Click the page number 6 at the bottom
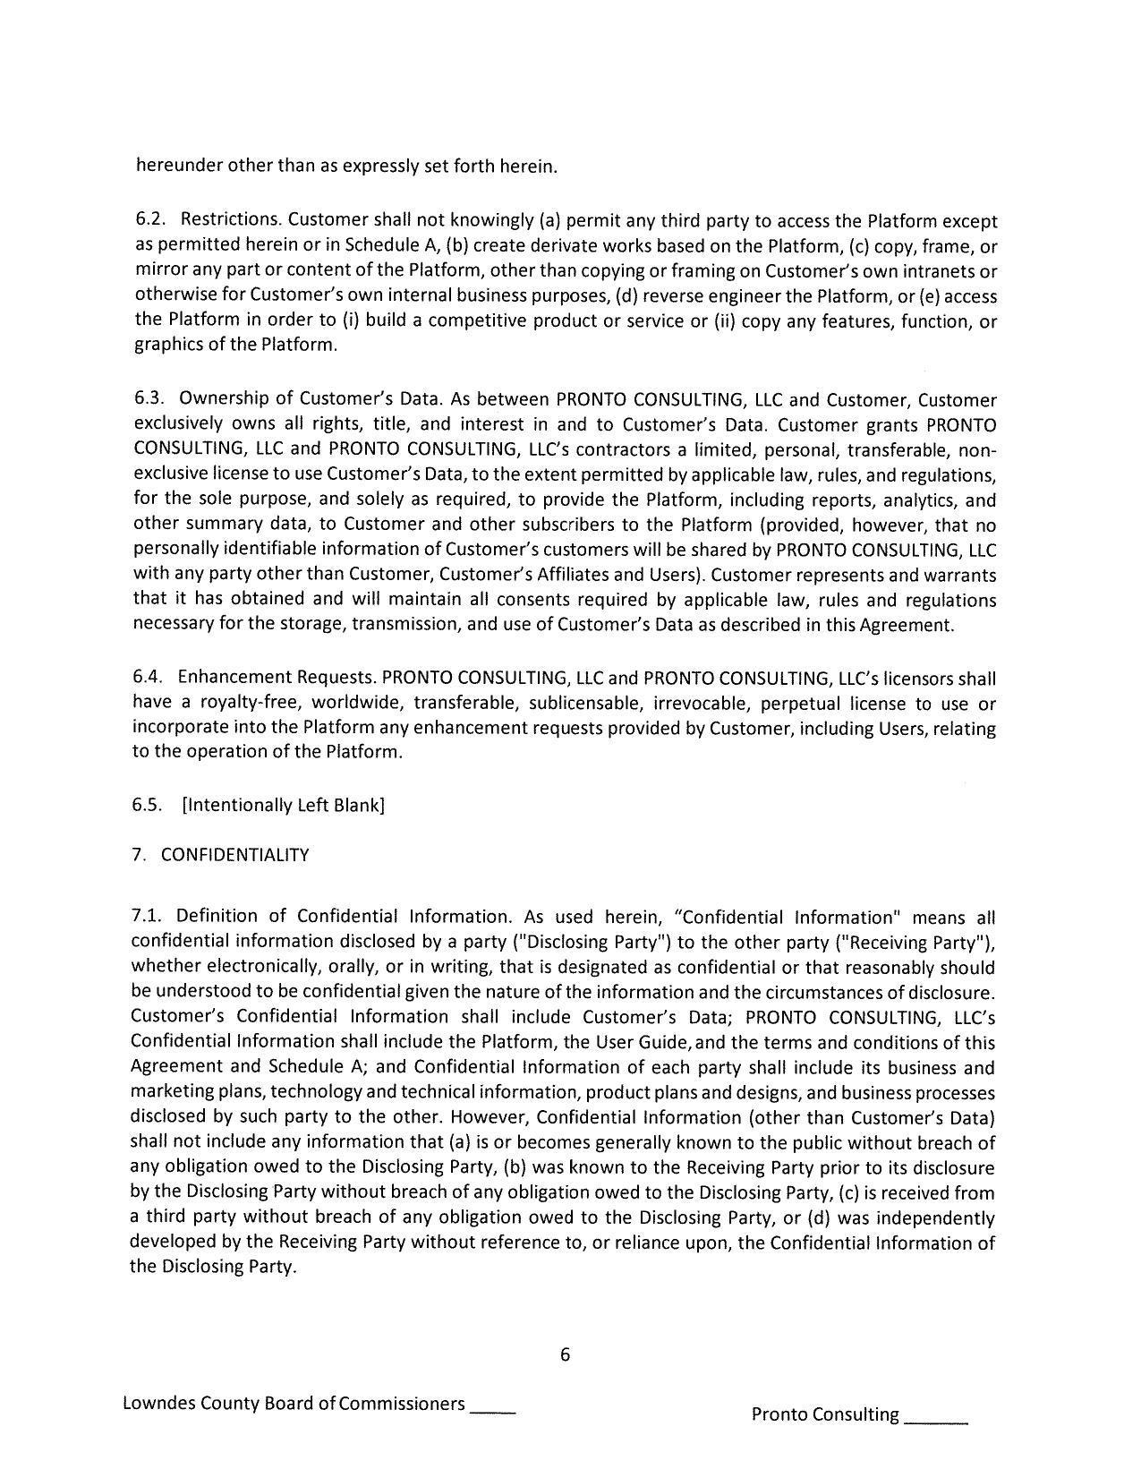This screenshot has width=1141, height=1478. [565, 1354]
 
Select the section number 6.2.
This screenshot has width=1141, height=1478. [149, 220]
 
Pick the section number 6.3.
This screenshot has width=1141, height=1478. [148, 399]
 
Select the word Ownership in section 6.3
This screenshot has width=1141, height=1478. [217, 399]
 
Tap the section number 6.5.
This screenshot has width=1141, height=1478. [148, 805]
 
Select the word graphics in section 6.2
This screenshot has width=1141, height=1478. [167, 345]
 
